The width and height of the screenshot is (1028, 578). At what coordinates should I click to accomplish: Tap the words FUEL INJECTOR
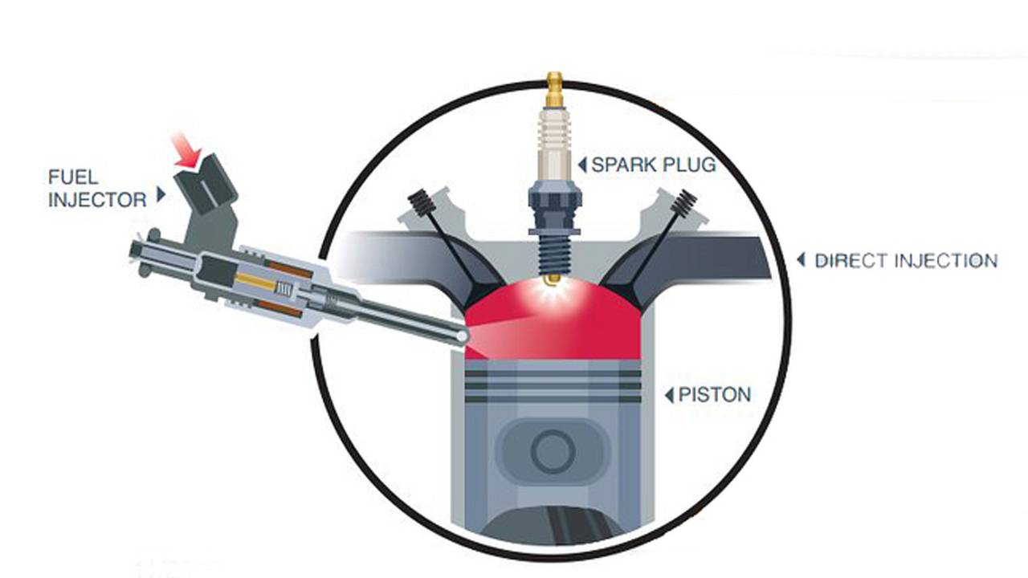(97, 189)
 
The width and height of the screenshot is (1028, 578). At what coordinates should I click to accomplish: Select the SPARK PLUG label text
(654, 165)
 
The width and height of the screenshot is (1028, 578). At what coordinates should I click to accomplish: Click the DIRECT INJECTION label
(906, 261)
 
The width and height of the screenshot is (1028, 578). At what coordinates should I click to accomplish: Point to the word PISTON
(715, 394)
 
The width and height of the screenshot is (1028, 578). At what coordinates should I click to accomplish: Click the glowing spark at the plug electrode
(554, 289)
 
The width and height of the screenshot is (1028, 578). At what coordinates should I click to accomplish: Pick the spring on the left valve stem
(422, 203)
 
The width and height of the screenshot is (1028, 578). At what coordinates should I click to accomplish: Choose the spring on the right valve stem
(683, 203)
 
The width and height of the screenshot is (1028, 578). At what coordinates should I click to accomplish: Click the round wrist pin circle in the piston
(553, 451)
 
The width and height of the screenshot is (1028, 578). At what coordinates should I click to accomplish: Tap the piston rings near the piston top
(553, 386)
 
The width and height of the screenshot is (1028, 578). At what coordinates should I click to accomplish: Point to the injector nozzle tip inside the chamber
(462, 336)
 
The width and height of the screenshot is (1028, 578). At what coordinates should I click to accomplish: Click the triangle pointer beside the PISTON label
(669, 395)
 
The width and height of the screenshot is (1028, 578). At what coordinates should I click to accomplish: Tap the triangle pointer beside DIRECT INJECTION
(801, 260)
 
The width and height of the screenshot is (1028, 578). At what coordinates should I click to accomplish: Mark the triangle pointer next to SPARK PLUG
(582, 165)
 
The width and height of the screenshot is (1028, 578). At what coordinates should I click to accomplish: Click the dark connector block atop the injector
(206, 185)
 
